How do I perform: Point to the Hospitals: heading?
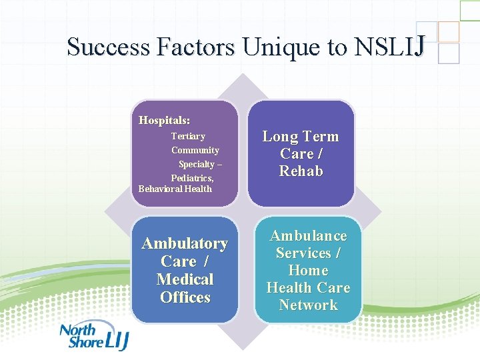coord(164,121)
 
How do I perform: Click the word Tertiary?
coord(188,137)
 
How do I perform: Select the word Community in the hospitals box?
coord(195,151)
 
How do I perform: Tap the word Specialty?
coord(196,165)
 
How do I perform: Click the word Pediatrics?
coord(192,178)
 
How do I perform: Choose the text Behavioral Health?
coord(175,189)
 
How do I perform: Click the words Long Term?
coord(301,137)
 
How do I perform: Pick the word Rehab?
coord(301,171)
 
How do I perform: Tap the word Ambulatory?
coord(185,244)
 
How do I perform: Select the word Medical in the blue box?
coord(185,279)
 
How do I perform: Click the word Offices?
coord(185,297)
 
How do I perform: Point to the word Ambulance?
coord(308,236)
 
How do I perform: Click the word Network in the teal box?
coord(308,305)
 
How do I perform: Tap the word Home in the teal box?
coord(308,271)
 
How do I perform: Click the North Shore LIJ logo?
coord(93,337)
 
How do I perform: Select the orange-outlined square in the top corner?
coord(449,31)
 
